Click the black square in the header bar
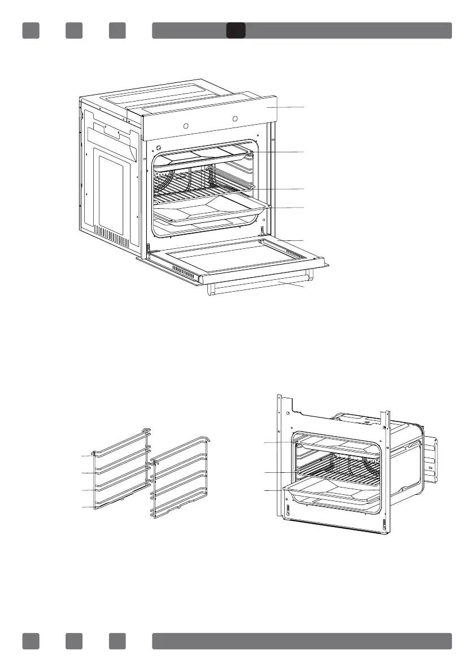point(236,30)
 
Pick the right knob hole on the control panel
point(236,120)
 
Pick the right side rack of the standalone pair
point(178,480)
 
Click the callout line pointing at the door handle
point(288,287)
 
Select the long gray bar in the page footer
point(302,641)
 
